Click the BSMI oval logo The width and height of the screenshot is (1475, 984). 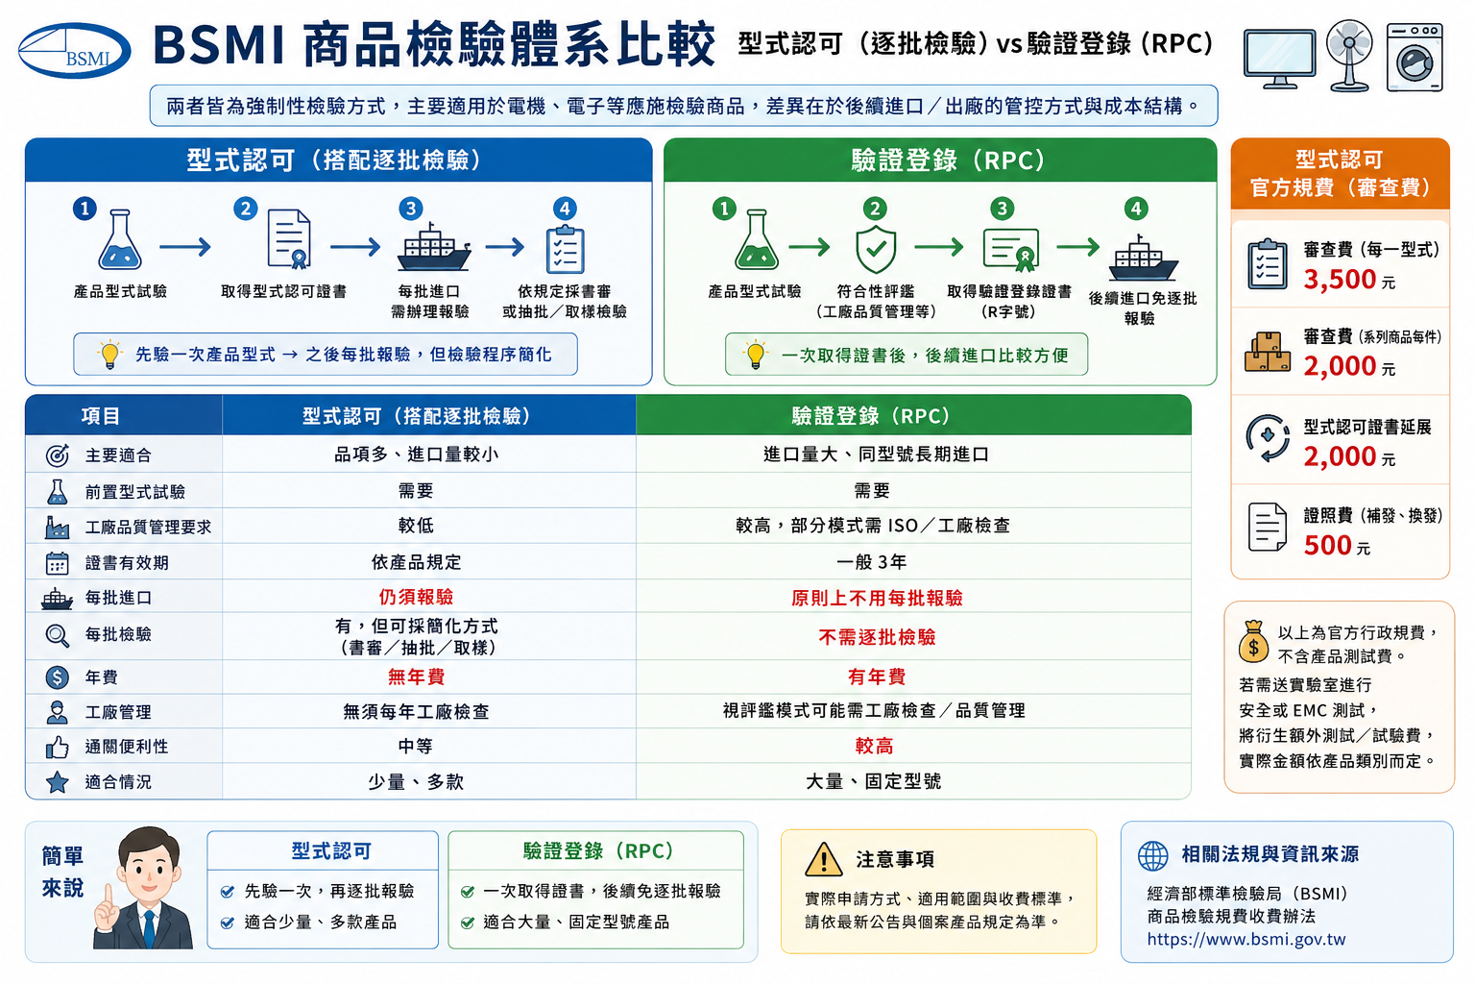click(74, 51)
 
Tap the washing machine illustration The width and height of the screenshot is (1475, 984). click(1415, 58)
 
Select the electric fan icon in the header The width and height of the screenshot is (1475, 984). click(1350, 56)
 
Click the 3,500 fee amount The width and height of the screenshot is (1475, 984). click(1340, 280)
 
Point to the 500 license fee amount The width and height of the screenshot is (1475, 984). click(1327, 546)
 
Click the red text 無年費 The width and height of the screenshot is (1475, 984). click(416, 676)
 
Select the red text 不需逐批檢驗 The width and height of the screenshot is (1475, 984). click(877, 637)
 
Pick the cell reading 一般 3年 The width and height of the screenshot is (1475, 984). click(871, 562)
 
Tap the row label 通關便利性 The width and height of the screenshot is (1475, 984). click(127, 747)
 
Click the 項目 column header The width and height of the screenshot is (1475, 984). click(100, 416)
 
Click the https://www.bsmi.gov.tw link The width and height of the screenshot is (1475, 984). click(1245, 939)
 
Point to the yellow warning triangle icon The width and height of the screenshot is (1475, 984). click(823, 859)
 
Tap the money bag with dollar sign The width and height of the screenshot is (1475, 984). click(1253, 642)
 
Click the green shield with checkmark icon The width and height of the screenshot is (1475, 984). click(875, 250)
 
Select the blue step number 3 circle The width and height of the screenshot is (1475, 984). click(411, 209)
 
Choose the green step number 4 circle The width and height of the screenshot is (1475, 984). click(1136, 209)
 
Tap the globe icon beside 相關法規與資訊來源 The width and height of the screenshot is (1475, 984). click(1153, 856)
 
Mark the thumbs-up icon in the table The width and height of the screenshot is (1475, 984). click(58, 748)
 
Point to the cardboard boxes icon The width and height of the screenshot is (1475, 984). click(1267, 353)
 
